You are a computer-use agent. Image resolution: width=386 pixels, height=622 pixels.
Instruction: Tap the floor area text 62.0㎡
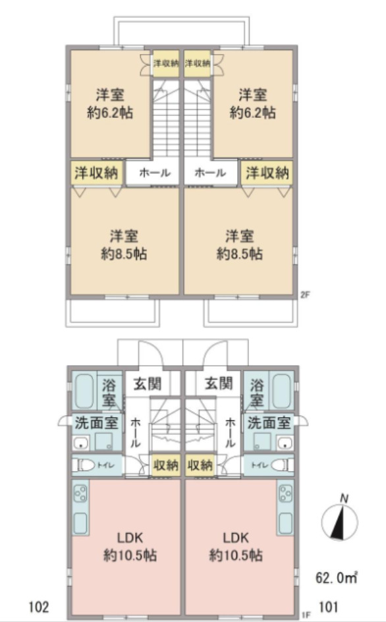tap(337, 579)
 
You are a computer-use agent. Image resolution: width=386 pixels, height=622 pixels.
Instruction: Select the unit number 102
tap(39, 605)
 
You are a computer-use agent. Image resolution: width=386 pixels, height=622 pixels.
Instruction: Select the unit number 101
tap(330, 605)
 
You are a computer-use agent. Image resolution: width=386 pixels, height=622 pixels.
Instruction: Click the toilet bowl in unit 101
tap(281, 465)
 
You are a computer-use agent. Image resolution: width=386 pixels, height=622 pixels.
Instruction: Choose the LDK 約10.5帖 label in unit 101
tap(236, 546)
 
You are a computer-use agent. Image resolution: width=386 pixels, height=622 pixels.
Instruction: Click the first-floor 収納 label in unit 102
tap(165, 465)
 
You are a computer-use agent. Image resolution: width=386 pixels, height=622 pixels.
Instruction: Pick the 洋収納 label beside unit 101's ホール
tap(267, 173)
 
